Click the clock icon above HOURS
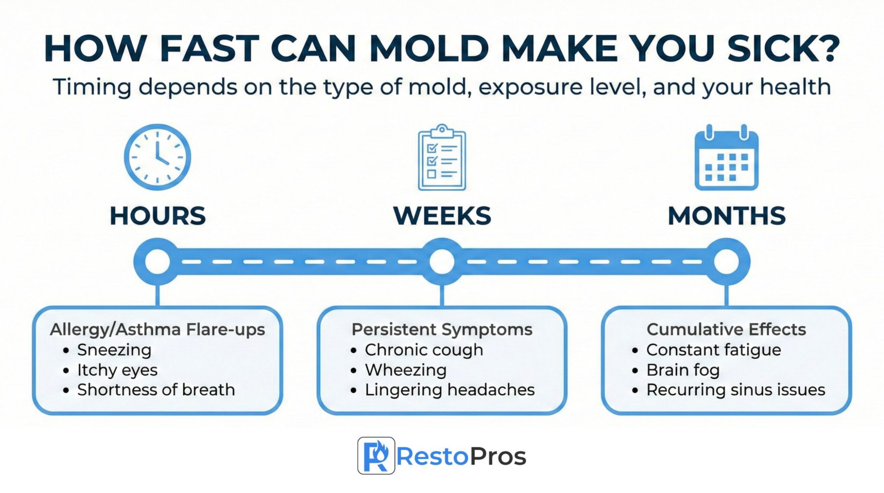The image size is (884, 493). (x=158, y=157)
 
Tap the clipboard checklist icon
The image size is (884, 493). (x=442, y=158)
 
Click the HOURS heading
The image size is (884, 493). (x=158, y=216)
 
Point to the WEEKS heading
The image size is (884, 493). (x=442, y=216)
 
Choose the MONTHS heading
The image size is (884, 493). (x=726, y=216)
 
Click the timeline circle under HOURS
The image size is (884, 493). (x=158, y=261)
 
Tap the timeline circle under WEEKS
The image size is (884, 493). (x=442, y=261)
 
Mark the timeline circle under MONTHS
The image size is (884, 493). (x=726, y=261)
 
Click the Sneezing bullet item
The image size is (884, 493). (x=114, y=350)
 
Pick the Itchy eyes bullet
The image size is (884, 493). (x=117, y=370)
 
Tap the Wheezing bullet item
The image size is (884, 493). (x=405, y=370)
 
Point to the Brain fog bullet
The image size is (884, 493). (x=682, y=370)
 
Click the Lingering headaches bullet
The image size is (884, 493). (x=449, y=390)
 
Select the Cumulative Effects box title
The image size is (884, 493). (x=726, y=330)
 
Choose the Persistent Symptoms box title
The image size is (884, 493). (x=442, y=330)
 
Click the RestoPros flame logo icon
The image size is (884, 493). (x=376, y=455)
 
